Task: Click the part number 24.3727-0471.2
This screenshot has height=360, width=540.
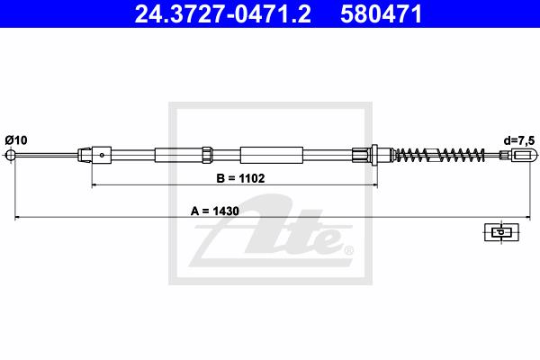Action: (x=223, y=13)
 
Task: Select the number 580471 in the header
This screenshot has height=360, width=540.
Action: (x=382, y=13)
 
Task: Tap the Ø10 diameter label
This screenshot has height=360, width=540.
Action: (x=16, y=140)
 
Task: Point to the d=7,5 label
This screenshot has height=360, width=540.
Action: (x=519, y=140)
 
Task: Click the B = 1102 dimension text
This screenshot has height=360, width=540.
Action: (x=240, y=178)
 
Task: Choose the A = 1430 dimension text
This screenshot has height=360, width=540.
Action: (x=215, y=211)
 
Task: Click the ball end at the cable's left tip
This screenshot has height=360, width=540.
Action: (x=11, y=155)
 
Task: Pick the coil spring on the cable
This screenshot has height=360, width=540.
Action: (x=438, y=155)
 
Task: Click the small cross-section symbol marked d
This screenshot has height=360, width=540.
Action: (x=501, y=232)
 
